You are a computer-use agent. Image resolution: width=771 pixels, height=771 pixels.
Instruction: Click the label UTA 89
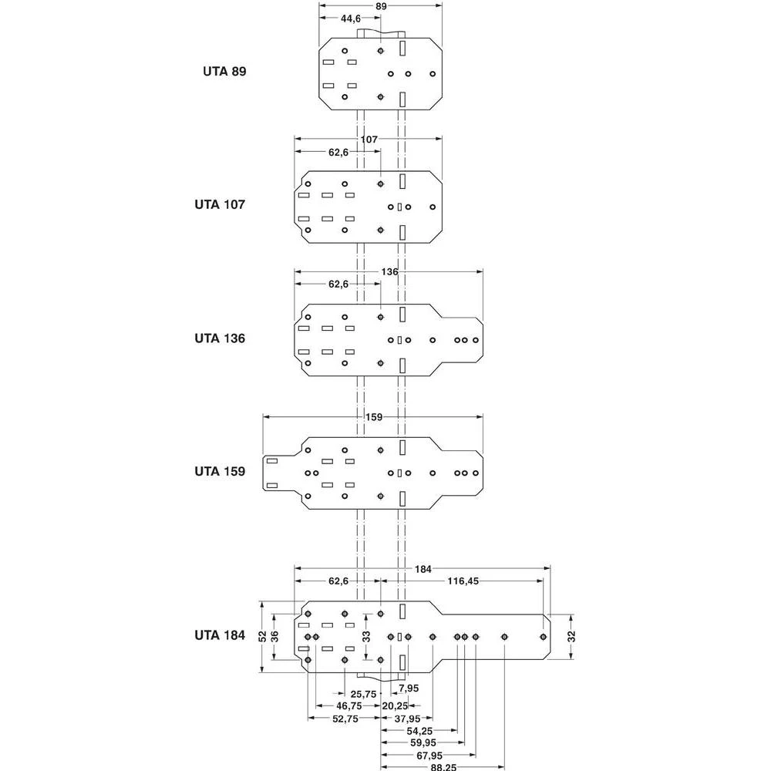coord(224,71)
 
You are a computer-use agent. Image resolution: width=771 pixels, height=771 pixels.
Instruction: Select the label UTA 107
coord(220,205)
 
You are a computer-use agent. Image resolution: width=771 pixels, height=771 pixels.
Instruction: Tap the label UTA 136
coord(220,338)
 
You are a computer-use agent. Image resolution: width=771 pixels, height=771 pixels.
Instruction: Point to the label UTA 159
coord(220,470)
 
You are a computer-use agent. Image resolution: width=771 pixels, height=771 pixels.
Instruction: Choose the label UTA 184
coord(220,636)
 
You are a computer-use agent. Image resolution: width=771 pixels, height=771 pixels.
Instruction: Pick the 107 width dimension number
coord(369,140)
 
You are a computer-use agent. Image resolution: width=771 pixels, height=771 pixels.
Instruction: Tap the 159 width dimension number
coord(373,417)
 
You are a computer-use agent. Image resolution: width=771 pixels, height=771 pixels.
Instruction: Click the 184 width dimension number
coord(423,569)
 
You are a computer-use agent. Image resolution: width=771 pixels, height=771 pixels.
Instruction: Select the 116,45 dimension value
coord(463,581)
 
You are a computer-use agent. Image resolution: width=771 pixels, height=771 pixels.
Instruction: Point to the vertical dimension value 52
coord(263,636)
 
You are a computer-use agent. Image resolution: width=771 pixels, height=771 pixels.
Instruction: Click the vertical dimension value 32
coord(571,636)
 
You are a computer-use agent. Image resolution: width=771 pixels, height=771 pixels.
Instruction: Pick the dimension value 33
coord(366,636)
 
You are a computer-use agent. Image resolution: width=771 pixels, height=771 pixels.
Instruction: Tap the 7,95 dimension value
coord(409,688)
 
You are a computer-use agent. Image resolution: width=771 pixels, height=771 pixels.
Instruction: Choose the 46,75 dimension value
coord(349,705)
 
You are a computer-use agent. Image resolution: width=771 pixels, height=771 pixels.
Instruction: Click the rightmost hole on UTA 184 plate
coord(544,636)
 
